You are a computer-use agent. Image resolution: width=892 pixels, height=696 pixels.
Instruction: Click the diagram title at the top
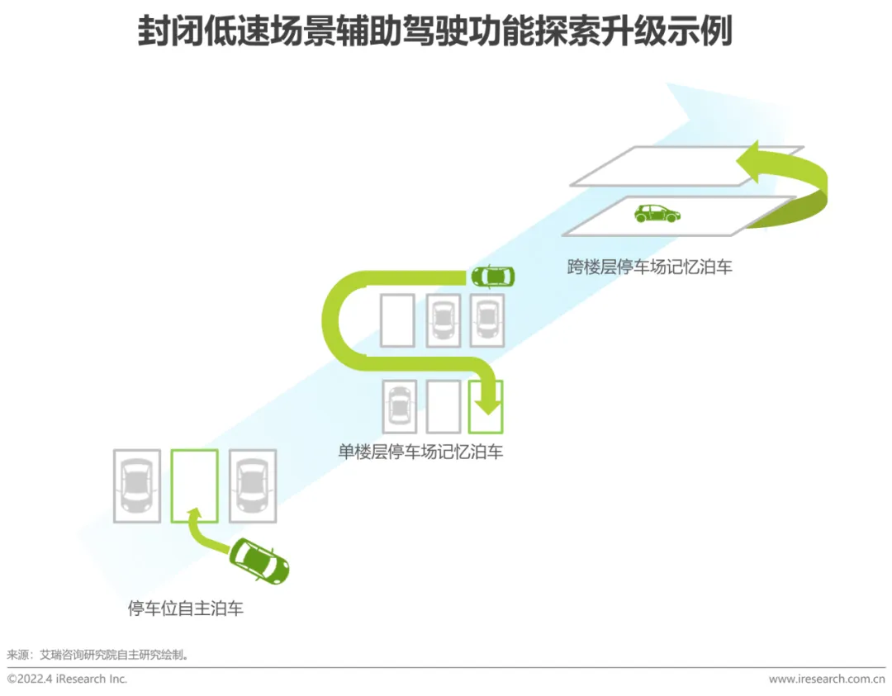pos(434,34)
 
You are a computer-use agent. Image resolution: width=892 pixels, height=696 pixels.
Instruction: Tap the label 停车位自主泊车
pos(186,609)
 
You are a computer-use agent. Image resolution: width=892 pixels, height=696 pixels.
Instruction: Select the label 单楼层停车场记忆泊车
pos(420,452)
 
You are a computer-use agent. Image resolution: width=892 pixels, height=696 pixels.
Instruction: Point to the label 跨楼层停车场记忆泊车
pos(649,267)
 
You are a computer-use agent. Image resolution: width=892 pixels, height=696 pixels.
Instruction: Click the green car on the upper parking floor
pos(657,214)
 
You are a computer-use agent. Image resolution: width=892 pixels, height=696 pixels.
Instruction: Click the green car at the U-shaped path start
pos(492,276)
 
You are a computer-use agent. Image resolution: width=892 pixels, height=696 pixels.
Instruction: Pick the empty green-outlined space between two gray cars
pos(194,485)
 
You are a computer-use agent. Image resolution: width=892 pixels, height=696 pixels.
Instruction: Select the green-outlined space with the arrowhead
pos(486,406)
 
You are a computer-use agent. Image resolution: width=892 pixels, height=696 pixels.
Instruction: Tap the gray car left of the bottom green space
pos(136,485)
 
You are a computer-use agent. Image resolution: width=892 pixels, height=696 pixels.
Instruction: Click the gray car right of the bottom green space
pos(252,485)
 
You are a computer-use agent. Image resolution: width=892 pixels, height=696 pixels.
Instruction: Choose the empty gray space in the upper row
pos(397,320)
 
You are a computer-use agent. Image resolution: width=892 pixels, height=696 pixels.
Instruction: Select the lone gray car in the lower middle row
pos(400,406)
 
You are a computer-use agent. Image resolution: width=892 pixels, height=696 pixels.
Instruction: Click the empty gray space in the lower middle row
pos(443,406)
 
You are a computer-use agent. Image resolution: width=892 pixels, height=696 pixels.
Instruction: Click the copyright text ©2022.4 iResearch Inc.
pos(68,679)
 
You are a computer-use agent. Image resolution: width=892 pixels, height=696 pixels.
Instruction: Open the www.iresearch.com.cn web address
pos(826,679)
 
